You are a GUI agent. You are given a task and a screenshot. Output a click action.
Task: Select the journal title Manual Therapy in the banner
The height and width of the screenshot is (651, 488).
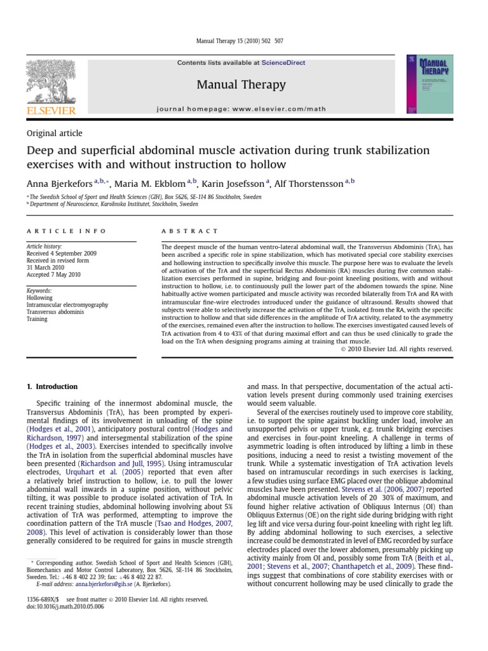click(241, 85)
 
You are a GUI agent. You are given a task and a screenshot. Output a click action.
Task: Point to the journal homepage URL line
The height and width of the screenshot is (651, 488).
click(241, 109)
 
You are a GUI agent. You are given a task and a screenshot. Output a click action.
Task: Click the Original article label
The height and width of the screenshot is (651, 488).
click(54, 133)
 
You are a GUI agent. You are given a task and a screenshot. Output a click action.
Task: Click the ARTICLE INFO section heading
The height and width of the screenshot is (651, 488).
click(66, 231)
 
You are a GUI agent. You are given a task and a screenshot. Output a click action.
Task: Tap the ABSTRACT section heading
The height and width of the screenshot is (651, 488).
click(189, 231)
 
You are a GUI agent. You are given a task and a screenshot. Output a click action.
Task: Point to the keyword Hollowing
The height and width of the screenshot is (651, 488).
click(39, 297)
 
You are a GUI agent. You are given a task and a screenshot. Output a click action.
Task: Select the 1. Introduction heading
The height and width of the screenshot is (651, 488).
click(51, 387)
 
